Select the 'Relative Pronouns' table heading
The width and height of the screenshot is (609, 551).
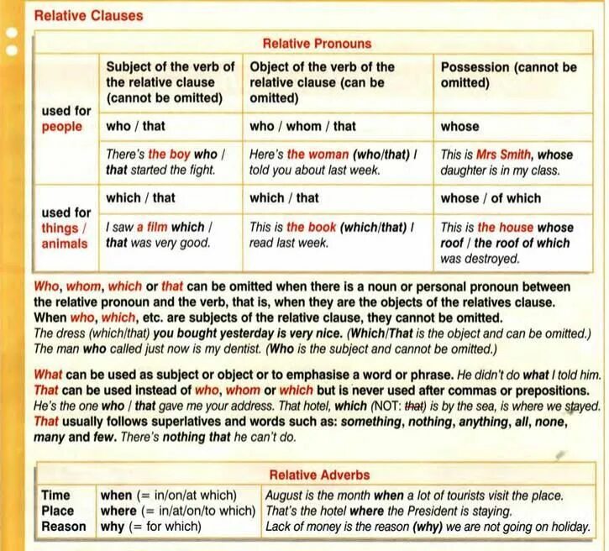(x=318, y=44)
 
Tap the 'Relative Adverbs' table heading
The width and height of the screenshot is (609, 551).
(x=318, y=475)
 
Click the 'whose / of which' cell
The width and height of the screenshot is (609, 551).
(x=491, y=198)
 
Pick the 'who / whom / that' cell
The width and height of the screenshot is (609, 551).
(x=302, y=126)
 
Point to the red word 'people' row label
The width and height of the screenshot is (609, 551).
(x=62, y=126)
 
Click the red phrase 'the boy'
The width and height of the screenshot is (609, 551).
(x=170, y=155)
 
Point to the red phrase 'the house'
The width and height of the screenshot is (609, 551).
(x=510, y=227)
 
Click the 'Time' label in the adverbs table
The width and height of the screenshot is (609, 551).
(x=56, y=495)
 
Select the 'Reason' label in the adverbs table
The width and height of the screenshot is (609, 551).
(x=64, y=527)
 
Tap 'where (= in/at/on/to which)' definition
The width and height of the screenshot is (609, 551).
(x=177, y=511)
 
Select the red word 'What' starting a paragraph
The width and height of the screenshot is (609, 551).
(x=48, y=375)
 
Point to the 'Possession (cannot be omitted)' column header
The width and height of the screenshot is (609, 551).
(x=508, y=75)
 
